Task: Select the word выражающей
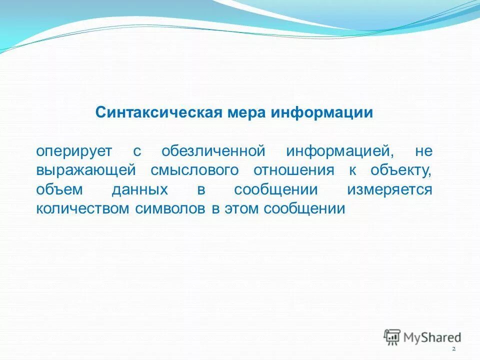86,170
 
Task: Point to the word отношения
293,170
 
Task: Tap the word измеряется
389,189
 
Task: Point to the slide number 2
453,348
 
